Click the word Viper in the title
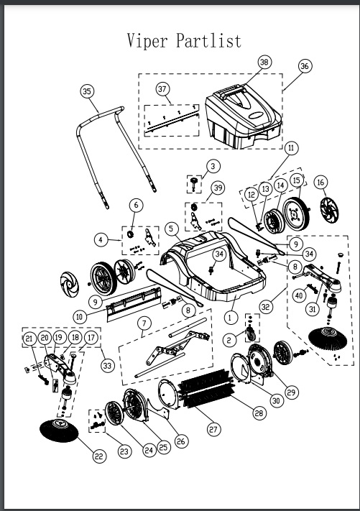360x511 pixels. pyautogui.click(x=148, y=40)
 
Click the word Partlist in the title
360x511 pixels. pyautogui.click(x=208, y=40)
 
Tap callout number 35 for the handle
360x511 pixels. pyautogui.click(x=88, y=91)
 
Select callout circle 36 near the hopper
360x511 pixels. pyautogui.click(x=304, y=66)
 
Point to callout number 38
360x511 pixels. pyautogui.click(x=264, y=63)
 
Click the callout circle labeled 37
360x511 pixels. pyautogui.click(x=162, y=89)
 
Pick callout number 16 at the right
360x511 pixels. pyautogui.click(x=320, y=183)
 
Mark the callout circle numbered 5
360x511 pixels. pyautogui.click(x=172, y=229)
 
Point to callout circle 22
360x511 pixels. pyautogui.click(x=98, y=455)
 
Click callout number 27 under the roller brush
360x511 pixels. pyautogui.click(x=213, y=429)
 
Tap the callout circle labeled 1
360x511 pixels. pyautogui.click(x=231, y=314)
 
